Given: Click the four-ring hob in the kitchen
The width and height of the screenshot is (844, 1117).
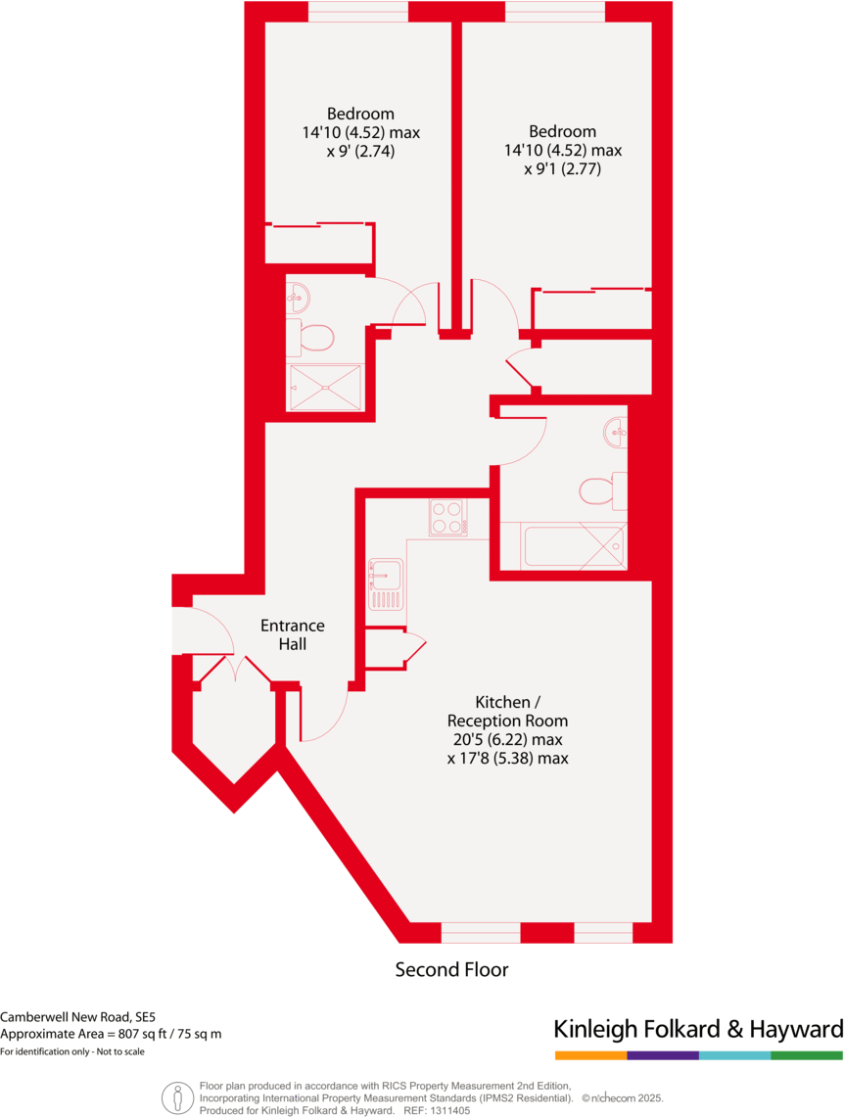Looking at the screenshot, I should point(447,518).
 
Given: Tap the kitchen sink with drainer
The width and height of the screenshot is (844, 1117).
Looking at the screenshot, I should point(386,584).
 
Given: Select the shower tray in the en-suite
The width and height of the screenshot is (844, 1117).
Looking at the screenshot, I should point(324,387).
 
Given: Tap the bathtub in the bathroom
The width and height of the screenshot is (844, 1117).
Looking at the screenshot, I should point(574,545).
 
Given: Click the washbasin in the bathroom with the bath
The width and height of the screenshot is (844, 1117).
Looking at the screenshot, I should point(617,430).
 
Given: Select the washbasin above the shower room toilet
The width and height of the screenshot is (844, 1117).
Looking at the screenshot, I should point(299,295).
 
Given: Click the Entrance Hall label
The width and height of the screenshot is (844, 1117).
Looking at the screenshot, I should point(292,634).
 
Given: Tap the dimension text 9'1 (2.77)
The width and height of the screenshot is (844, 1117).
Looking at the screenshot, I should point(562,168).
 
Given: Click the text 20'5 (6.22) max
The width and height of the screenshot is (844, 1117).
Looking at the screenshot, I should point(507,739).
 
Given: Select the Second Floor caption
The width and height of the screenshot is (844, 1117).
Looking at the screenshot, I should point(451,969).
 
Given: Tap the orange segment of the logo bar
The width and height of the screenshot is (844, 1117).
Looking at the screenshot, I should point(590,1055).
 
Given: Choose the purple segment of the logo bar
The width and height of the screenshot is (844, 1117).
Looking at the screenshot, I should point(663,1055).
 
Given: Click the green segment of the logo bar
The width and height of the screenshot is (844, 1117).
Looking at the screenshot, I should point(807,1055).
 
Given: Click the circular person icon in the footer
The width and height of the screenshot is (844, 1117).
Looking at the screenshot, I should point(175,1097).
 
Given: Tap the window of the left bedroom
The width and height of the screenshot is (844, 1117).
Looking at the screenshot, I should point(357,12).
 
